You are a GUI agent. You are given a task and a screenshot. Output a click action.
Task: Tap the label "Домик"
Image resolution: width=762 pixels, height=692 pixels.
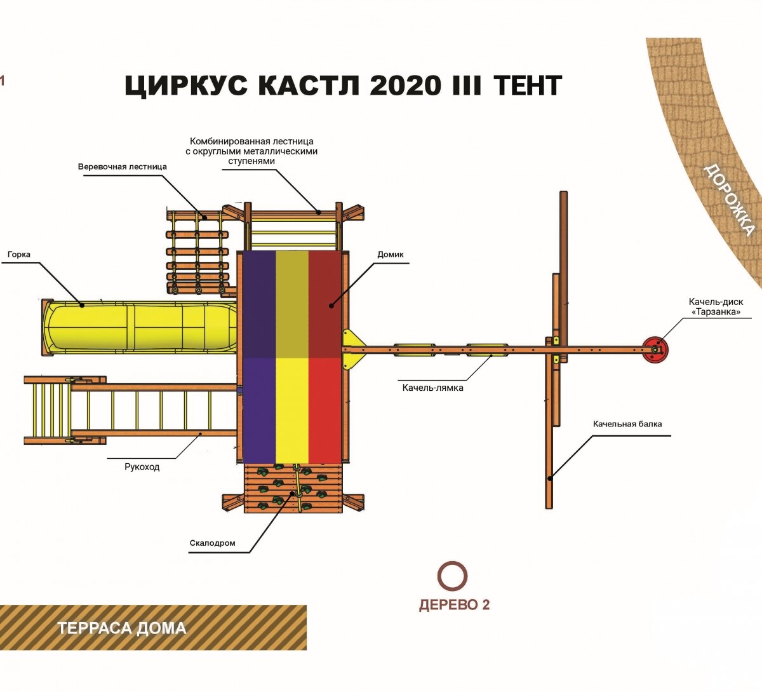391,255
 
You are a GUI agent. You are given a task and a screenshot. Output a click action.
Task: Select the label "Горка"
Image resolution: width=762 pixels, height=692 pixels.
19,255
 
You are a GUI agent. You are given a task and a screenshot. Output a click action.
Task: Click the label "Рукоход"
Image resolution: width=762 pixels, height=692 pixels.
142,467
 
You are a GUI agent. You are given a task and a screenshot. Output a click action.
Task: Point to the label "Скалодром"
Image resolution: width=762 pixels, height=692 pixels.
212,543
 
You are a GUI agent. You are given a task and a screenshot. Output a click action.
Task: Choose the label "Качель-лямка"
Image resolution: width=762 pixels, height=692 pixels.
432,387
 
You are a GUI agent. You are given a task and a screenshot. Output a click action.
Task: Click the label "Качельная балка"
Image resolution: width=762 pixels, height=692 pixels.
627,424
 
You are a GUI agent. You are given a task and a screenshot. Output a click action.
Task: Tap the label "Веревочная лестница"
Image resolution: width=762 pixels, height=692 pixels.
123,166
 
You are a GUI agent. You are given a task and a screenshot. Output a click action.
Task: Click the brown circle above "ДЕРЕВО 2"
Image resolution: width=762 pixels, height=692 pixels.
453,576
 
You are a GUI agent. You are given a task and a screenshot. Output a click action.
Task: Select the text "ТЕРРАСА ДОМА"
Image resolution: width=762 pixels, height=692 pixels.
122,628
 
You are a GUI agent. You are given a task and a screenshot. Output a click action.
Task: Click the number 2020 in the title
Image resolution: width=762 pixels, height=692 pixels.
404,86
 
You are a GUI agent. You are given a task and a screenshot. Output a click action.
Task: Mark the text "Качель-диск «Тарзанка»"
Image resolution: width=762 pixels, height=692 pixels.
716,307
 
